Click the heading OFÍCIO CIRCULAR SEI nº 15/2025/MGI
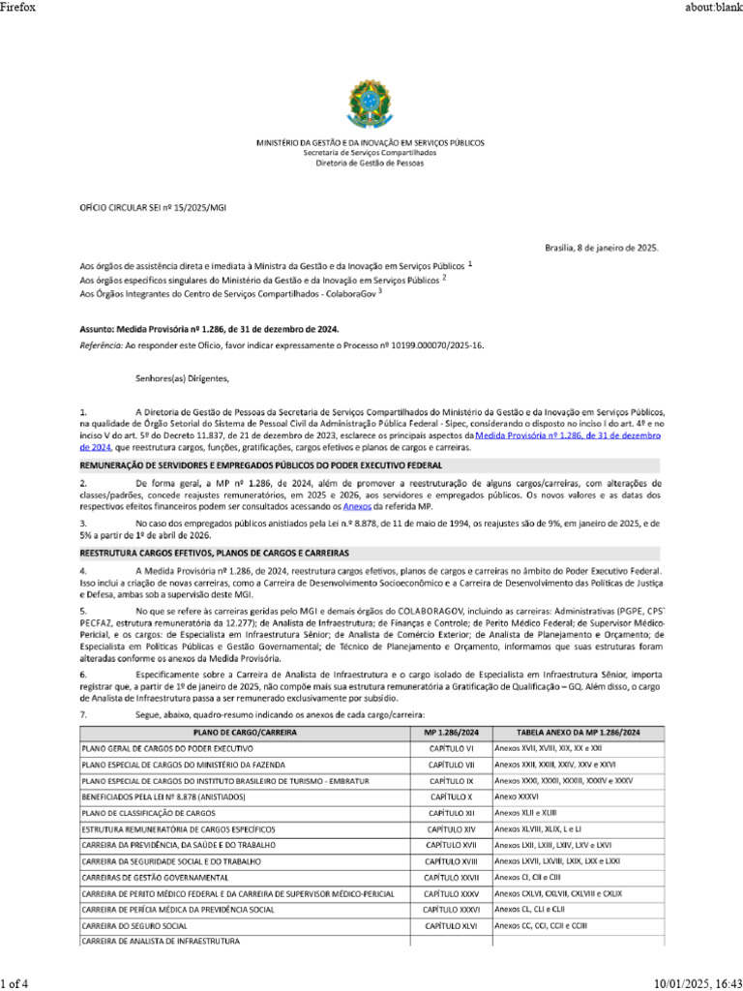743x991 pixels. coord(152,207)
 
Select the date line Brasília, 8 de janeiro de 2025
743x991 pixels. coord(602,248)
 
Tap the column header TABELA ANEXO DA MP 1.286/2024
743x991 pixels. coord(577,734)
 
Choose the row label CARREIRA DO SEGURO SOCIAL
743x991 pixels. coord(134,926)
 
